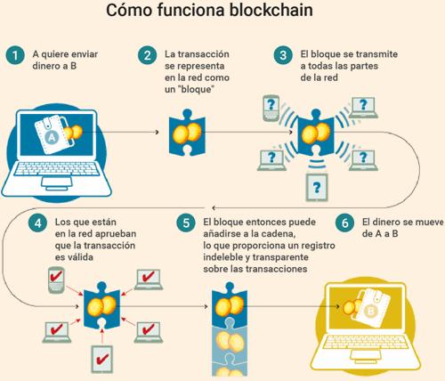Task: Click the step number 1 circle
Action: click(x=15, y=55)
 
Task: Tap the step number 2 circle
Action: click(x=147, y=55)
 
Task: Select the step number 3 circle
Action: click(x=283, y=55)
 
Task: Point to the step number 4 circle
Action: click(x=37, y=223)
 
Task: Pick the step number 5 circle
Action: click(x=186, y=223)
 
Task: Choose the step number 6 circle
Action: click(x=344, y=223)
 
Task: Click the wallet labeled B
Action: click(x=370, y=308)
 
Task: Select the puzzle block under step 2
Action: click(x=187, y=133)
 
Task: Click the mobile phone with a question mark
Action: click(x=271, y=108)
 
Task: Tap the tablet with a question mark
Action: click(x=317, y=188)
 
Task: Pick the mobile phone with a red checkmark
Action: click(x=56, y=280)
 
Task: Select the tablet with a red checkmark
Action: click(x=102, y=359)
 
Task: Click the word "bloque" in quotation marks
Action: click(x=197, y=89)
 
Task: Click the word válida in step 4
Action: click(x=79, y=257)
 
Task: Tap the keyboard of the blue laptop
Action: click(x=56, y=168)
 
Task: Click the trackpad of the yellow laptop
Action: click(x=364, y=355)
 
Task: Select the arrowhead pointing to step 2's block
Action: click(x=158, y=132)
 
